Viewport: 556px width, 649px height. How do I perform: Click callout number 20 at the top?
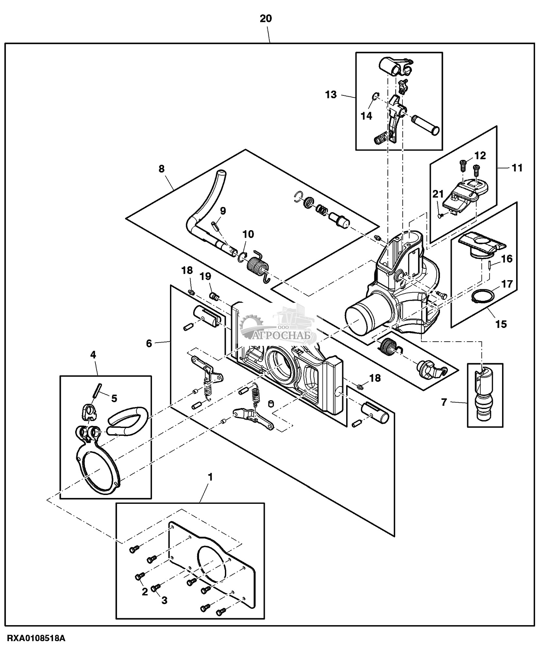click(x=265, y=19)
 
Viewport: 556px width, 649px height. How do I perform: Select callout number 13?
click(x=331, y=95)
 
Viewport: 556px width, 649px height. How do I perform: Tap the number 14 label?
click(x=366, y=116)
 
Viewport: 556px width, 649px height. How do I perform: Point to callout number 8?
click(x=161, y=169)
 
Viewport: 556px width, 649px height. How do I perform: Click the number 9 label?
click(x=223, y=211)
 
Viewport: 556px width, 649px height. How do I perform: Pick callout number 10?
click(x=248, y=234)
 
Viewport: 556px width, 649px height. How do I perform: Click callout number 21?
click(x=438, y=194)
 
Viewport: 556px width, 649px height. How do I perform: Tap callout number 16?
click(x=507, y=259)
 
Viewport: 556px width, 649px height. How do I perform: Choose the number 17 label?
click(x=507, y=283)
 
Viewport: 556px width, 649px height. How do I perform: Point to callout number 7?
click(x=444, y=402)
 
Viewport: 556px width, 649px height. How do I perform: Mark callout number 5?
click(x=114, y=398)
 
